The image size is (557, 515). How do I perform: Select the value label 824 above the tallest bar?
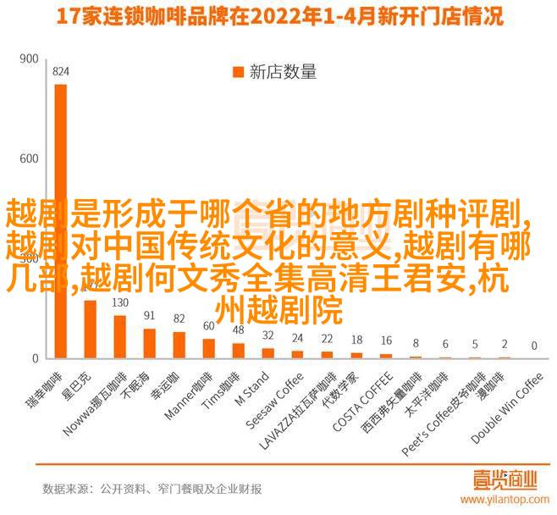click(x=60, y=72)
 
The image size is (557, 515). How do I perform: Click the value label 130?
click(x=119, y=303)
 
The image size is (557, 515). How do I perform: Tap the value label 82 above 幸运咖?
click(x=179, y=318)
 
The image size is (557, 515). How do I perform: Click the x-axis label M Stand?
click(x=254, y=389)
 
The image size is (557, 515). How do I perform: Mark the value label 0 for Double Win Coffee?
click(x=533, y=346)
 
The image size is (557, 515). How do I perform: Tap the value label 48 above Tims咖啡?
click(x=238, y=329)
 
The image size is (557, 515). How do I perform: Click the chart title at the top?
click(x=278, y=16)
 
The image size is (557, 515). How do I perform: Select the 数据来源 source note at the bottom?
click(x=152, y=489)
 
